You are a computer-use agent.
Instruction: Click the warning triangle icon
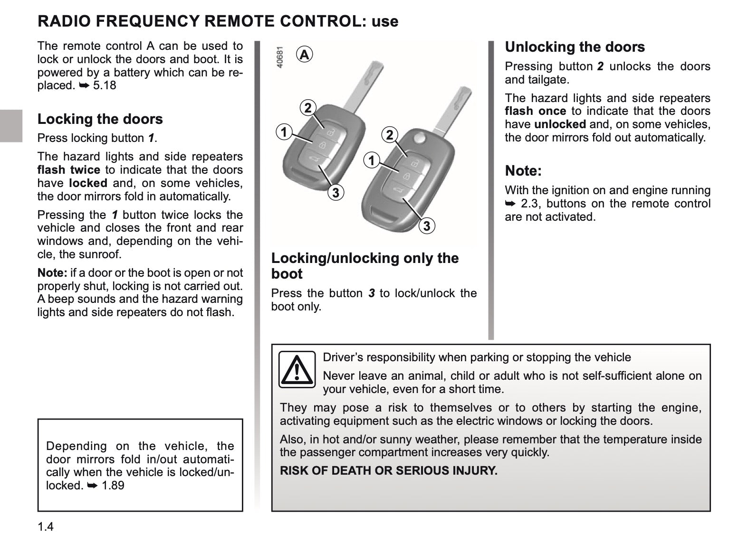coord(297,369)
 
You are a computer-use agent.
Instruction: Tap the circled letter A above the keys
coord(304,55)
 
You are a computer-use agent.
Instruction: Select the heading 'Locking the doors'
coord(100,119)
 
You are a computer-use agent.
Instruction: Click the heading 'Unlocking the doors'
coord(575,47)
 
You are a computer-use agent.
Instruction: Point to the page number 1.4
coord(46,527)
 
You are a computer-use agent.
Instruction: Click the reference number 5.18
coord(105,85)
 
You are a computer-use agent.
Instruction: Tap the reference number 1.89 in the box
coord(113,485)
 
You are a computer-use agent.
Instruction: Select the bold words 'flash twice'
coord(68,170)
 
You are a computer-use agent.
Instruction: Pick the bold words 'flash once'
coord(535,111)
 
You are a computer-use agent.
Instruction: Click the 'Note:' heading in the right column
coord(523,171)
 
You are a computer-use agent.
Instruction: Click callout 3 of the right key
coord(426,226)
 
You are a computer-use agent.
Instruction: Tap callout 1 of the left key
coord(284,131)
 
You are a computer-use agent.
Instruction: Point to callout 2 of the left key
coord(308,108)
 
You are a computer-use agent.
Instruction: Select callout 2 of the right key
coord(390,135)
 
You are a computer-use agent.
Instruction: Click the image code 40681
coord(280,57)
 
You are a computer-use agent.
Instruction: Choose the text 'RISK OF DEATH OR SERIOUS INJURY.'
coord(388,471)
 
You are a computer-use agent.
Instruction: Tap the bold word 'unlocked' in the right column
coord(560,124)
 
